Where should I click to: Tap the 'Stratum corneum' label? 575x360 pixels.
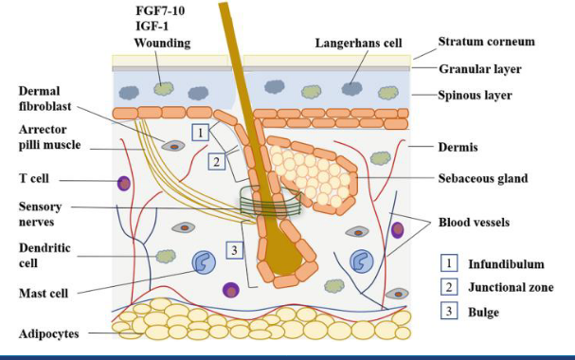(485, 43)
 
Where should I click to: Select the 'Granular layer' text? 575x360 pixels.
(479, 68)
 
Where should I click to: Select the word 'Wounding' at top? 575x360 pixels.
(163, 43)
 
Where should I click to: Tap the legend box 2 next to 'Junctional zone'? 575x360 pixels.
(452, 286)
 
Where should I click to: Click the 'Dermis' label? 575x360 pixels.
(457, 147)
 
